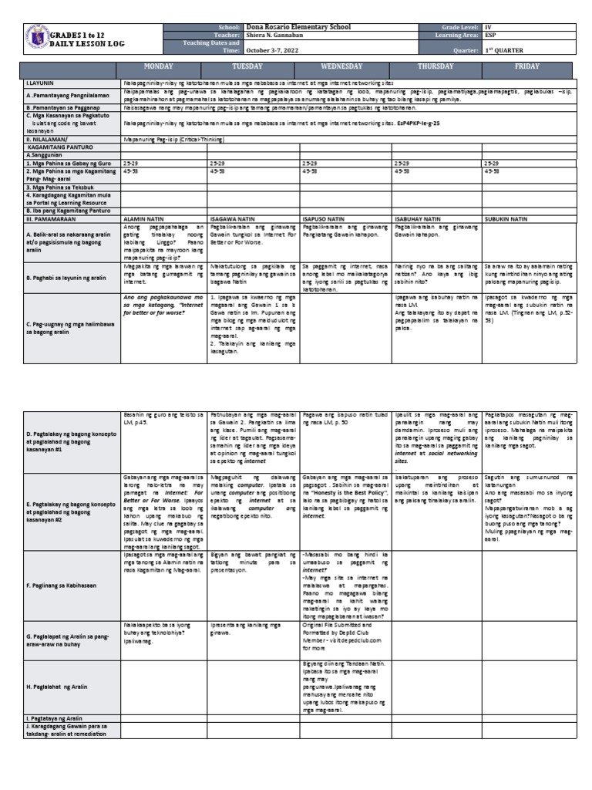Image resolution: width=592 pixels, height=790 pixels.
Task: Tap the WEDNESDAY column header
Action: tap(345, 67)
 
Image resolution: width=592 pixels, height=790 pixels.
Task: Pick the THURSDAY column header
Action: tap(436, 67)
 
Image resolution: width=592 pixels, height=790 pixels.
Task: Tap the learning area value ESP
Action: tap(491, 35)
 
